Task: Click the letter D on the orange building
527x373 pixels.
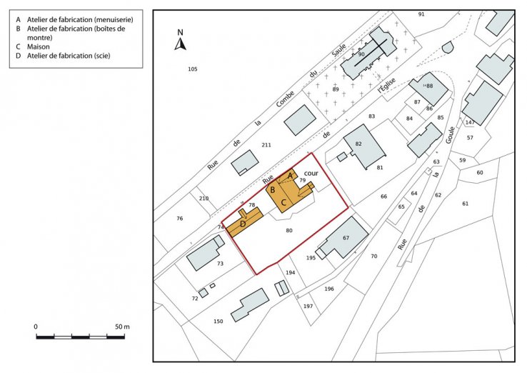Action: [x=243, y=224]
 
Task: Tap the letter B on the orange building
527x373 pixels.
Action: [x=272, y=190]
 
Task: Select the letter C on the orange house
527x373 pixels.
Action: [x=283, y=203]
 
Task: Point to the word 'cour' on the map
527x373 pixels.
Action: [x=311, y=173]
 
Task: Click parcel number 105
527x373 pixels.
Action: [x=192, y=69]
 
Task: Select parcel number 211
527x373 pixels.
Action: [x=266, y=145]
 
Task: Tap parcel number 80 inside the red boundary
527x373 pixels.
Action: [x=288, y=230]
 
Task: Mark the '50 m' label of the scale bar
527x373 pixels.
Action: [x=122, y=327]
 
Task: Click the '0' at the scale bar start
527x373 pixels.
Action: [x=36, y=327]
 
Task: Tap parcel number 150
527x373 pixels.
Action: [x=218, y=322]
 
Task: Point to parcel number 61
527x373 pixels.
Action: [x=466, y=204]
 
